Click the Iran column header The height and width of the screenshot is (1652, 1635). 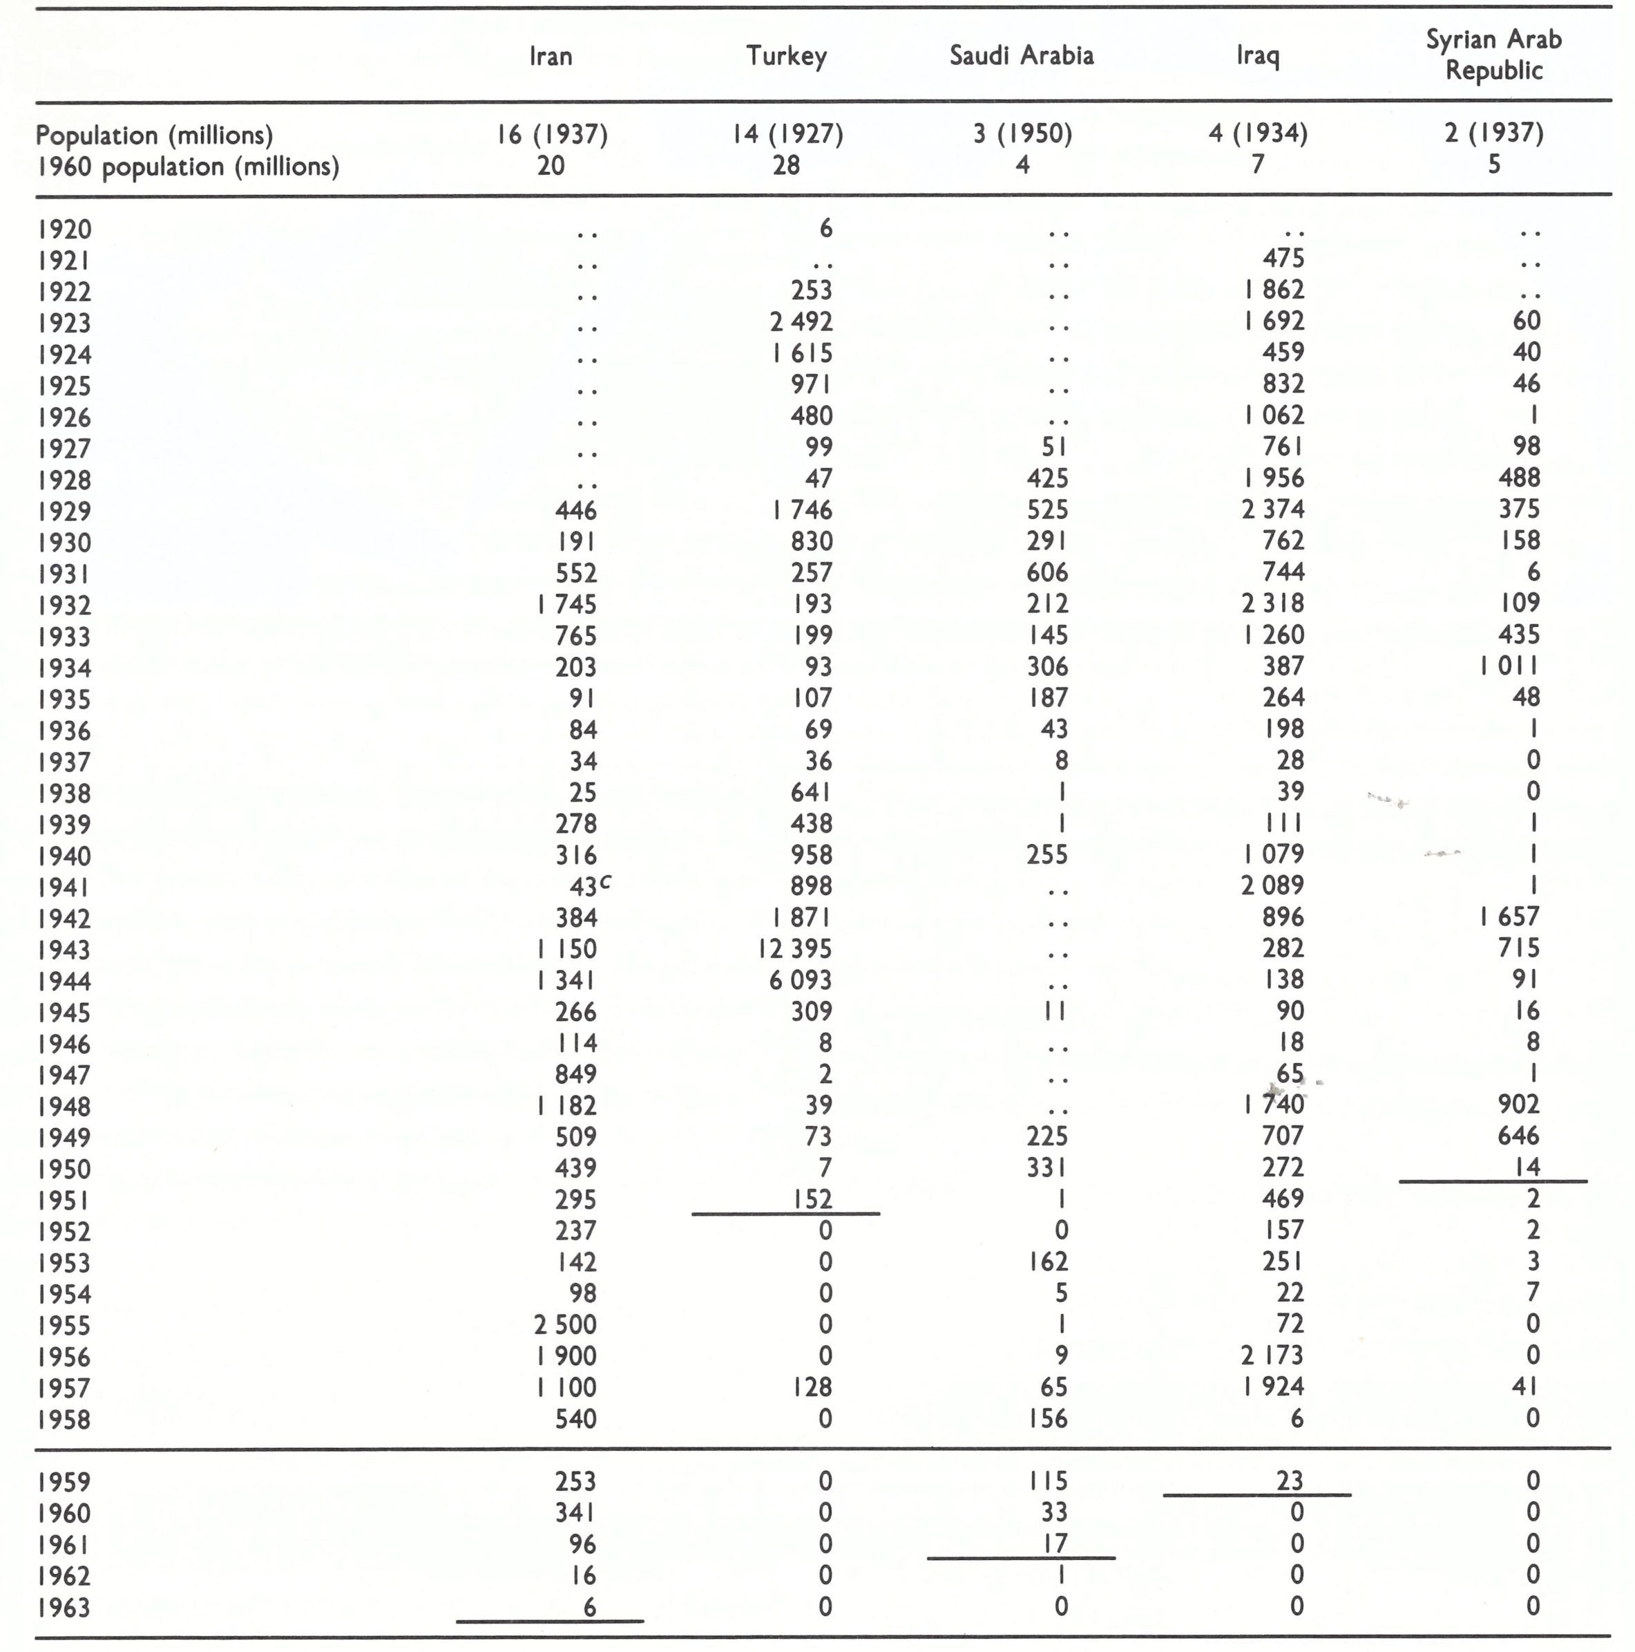(551, 57)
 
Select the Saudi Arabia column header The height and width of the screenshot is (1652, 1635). (1022, 55)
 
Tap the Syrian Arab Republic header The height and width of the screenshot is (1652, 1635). (1493, 55)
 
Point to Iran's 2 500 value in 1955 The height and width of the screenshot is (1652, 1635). (565, 1324)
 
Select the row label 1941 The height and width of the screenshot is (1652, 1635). (64, 888)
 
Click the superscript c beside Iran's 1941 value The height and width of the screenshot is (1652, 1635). (605, 881)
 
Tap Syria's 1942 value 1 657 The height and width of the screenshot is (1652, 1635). (1509, 917)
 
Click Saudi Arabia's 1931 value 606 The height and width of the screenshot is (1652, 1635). (1047, 572)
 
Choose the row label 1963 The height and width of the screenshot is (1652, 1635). (64, 1608)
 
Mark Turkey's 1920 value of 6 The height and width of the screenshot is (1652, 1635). (825, 228)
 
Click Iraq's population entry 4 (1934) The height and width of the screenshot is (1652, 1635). (1257, 133)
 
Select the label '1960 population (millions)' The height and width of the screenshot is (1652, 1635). (188, 166)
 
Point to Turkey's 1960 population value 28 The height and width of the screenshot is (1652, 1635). (785, 165)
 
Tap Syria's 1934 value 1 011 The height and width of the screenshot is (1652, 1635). (1509, 666)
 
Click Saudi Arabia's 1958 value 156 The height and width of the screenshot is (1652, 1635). (1047, 1418)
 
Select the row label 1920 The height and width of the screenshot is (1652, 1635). (64, 229)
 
